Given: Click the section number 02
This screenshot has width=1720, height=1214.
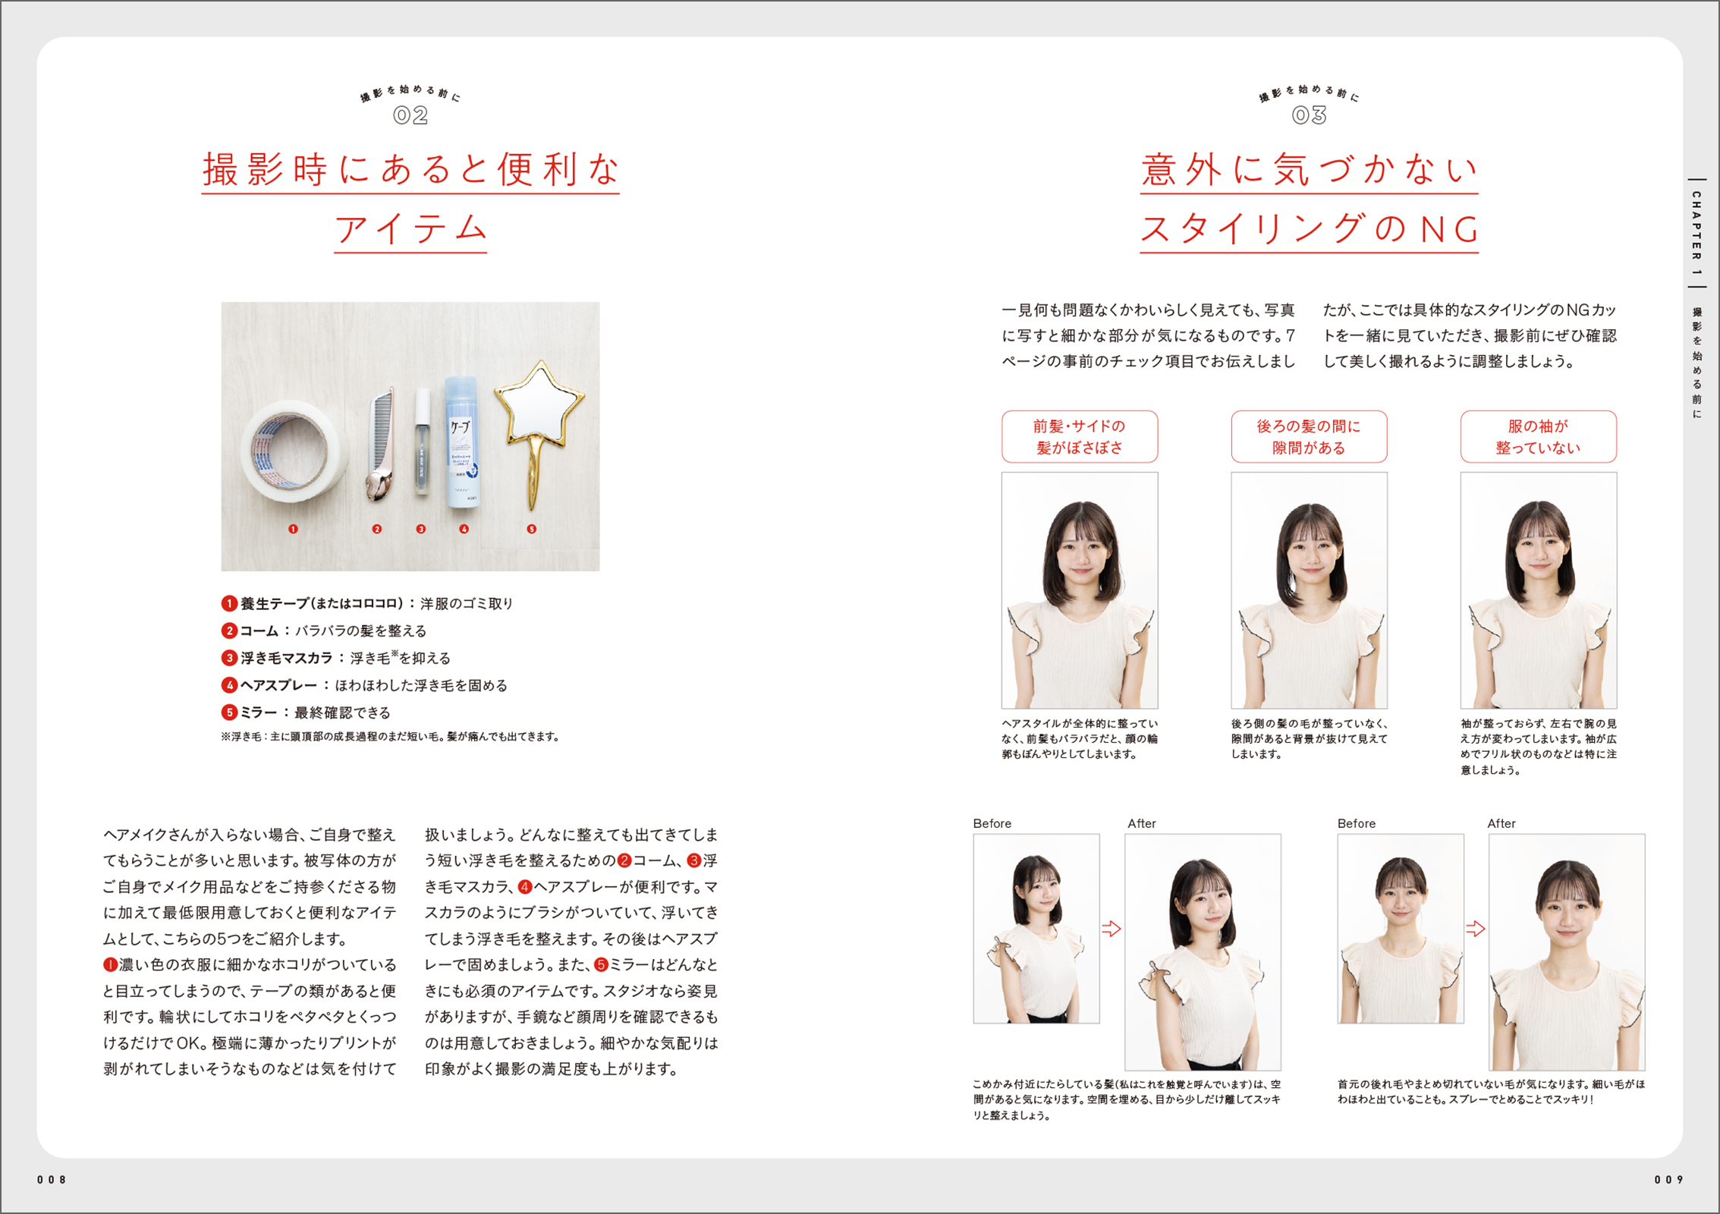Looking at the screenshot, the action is coord(410,115).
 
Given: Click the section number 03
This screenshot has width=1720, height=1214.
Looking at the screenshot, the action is coord(1309,115).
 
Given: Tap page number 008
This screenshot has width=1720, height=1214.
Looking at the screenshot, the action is coord(52,1180).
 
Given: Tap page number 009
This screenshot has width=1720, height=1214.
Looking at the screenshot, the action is coord(1668,1180).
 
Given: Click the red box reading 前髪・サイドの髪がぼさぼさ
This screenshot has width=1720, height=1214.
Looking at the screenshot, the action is coord(1079,436).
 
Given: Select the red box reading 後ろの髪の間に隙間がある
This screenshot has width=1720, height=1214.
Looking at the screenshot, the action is coord(1309,436).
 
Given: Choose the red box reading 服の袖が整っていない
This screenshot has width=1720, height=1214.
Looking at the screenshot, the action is coord(1538,436).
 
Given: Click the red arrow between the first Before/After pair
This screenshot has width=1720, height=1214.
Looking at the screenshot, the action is coord(1111,928).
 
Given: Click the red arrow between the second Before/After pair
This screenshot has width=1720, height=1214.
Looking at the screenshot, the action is coord(1475,928).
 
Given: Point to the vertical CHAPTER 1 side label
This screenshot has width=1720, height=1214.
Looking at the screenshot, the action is coord(1696,234).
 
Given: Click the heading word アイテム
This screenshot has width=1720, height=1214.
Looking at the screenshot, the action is coord(410,228).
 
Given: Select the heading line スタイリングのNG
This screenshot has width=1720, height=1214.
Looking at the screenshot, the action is coord(1309,228).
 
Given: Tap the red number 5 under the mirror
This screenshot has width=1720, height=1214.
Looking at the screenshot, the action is coord(532,529).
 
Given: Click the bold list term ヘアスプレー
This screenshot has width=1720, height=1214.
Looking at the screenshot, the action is coord(279,685).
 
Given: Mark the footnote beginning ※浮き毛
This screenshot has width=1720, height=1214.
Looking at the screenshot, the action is coord(390,737).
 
